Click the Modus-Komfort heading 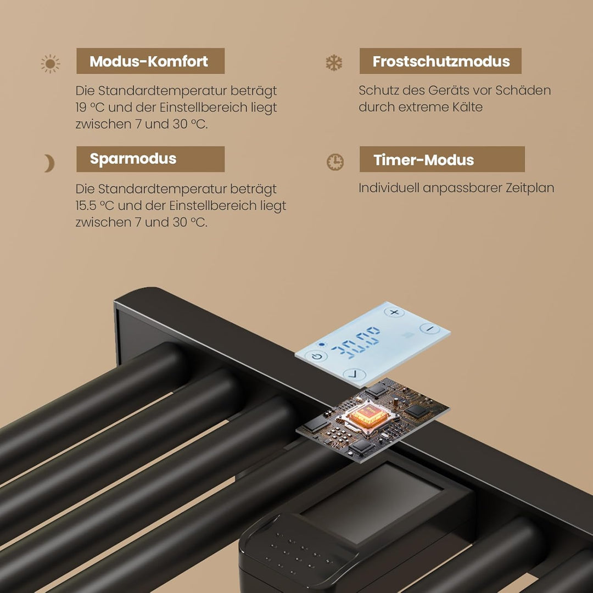click(149, 61)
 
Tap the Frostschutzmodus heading click(441, 61)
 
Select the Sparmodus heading click(133, 159)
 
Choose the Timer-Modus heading click(423, 160)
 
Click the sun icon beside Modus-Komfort click(51, 64)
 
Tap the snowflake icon click(334, 63)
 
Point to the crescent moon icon click(49, 164)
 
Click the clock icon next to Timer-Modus click(335, 162)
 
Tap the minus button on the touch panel click(430, 329)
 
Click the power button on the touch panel click(317, 356)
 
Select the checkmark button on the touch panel click(354, 374)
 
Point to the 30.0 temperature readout click(355, 342)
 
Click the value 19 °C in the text click(89, 108)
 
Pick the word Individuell click(389, 188)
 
